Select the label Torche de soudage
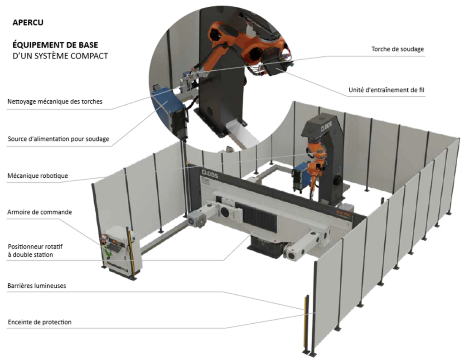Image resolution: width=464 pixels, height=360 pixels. pos(397,49)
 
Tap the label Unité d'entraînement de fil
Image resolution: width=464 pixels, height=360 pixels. pos(386,90)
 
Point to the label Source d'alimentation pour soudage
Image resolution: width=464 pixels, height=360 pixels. pos(58,139)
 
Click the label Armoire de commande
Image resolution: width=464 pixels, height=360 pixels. pos(40,212)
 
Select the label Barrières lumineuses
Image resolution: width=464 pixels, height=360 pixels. pos(37,286)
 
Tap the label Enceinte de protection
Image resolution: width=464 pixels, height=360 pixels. pos(39,322)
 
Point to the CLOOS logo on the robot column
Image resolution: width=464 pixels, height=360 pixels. pos(320,124)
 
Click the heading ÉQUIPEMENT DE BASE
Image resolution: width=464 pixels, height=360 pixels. pos(55,46)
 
